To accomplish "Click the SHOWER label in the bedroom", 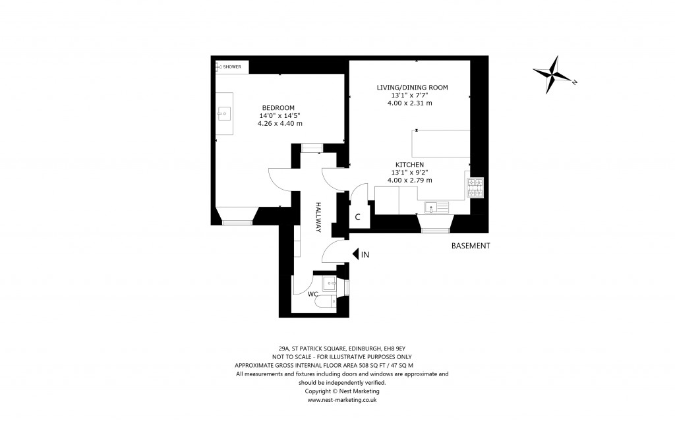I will [231, 67].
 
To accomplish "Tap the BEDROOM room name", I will [278, 108].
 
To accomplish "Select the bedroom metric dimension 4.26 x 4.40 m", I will [280, 123].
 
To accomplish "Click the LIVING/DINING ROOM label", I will [412, 88].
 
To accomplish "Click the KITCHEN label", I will [409, 165].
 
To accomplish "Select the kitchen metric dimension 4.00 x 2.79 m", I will [409, 181].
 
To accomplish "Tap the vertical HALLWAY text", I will [317, 217].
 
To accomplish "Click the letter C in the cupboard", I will [357, 217].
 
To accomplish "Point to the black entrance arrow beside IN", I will [355, 254].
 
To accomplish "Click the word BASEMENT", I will [470, 246].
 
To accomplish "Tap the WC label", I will [313, 294].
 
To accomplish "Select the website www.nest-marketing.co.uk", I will [341, 399].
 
